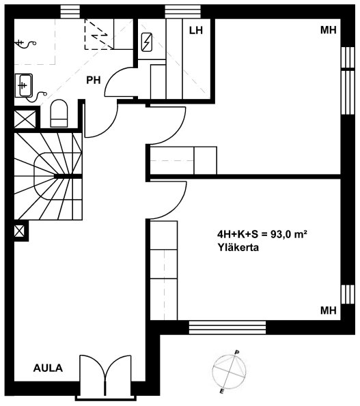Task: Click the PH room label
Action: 94,81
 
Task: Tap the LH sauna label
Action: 195,31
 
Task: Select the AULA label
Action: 49,368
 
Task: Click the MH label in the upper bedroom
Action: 329,30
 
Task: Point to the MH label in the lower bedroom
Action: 329,310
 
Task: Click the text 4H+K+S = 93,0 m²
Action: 262,234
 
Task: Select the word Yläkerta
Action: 238,248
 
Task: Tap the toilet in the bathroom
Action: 59,113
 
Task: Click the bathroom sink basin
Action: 24,86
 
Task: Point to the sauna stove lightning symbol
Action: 147,42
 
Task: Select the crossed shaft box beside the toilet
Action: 25,119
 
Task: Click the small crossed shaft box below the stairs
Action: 20,231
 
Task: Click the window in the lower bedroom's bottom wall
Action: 227,328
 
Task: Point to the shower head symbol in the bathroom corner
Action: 25,44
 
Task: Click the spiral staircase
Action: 49,177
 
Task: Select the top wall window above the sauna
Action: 182,12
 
